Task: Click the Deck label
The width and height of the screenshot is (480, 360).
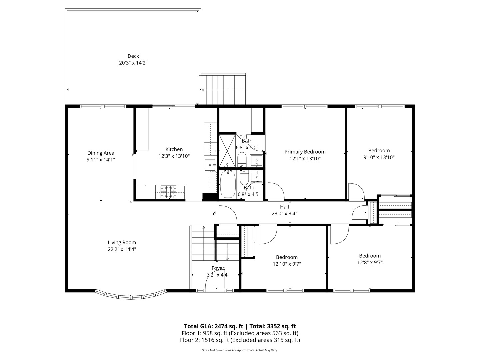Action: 133,56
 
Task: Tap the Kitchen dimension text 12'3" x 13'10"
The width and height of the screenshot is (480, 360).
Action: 174,156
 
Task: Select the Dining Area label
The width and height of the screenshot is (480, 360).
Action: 101,153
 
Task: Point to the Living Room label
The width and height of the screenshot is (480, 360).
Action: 122,243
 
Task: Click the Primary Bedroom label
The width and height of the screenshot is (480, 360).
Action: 305,152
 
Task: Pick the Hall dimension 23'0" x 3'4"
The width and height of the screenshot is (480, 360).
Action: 284,214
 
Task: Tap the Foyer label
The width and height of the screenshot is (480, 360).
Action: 218,268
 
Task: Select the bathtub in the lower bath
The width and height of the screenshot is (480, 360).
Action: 228,184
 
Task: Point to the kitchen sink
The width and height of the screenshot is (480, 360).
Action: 210,164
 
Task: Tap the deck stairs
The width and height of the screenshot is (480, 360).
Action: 223,89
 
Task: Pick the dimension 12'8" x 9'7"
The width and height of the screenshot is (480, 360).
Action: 370,262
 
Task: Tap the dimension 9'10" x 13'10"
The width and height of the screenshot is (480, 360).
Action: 379,157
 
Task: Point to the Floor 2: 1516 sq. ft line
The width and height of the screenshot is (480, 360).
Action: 240,340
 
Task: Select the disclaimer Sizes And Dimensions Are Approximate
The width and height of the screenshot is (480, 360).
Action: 240,350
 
